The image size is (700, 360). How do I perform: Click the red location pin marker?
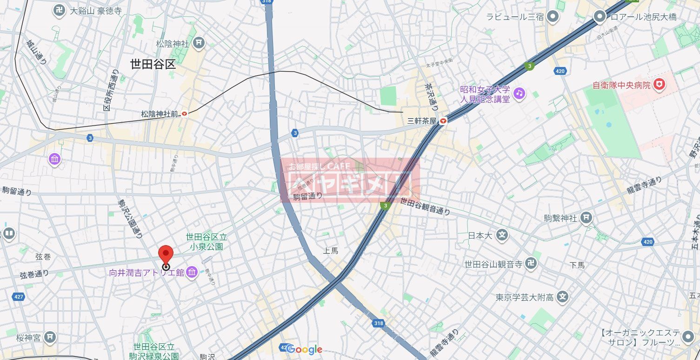pyautogui.click(x=166, y=255)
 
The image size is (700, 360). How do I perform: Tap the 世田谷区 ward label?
pyautogui.click(x=153, y=64)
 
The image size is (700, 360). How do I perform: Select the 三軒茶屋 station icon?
pyautogui.click(x=443, y=121)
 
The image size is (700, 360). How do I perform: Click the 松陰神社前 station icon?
pyautogui.click(x=185, y=113)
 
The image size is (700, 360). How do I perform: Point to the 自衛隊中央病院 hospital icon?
pyautogui.click(x=659, y=85)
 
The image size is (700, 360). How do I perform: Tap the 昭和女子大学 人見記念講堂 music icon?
pyautogui.click(x=519, y=93)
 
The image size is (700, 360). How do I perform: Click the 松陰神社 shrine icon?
pyautogui.click(x=199, y=43)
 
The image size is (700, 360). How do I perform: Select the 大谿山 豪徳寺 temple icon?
pyautogui.click(x=59, y=11)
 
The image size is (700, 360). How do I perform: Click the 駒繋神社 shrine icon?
pyautogui.click(x=587, y=217)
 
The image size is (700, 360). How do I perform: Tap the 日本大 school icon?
pyautogui.click(x=501, y=235)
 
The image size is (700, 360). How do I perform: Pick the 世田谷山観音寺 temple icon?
pyautogui.click(x=531, y=264)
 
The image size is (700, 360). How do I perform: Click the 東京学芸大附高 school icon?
pyautogui.click(x=563, y=296)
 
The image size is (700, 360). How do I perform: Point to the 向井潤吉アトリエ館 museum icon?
pyautogui.click(x=191, y=272)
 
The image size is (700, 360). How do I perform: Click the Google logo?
pyautogui.click(x=305, y=349)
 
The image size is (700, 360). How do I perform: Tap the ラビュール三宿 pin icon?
pyautogui.click(x=553, y=17)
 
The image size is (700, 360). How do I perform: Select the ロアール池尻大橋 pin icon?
pyautogui.click(x=600, y=17)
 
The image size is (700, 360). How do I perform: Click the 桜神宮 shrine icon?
pyautogui.click(x=51, y=337)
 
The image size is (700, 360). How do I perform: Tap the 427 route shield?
pyautogui.click(x=19, y=296)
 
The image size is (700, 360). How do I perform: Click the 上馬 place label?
pyautogui.click(x=331, y=251)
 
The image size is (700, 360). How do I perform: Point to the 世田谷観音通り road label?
pyautogui.click(x=425, y=207)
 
